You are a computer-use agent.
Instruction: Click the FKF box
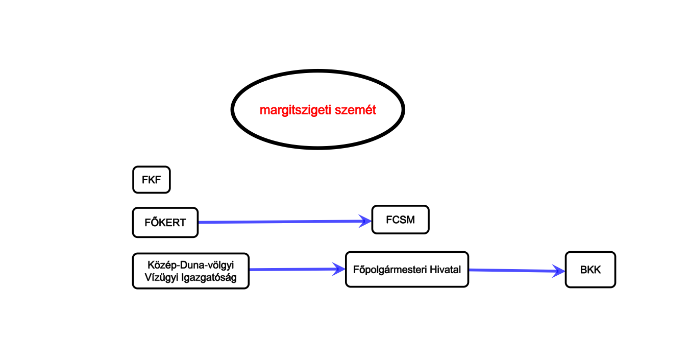[151, 180]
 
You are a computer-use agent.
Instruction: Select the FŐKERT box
[165, 223]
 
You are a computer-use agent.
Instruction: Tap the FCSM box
[400, 220]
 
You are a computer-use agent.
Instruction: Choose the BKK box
[590, 270]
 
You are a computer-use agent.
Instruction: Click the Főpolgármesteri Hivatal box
[407, 269]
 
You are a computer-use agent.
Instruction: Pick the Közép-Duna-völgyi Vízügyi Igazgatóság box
[190, 271]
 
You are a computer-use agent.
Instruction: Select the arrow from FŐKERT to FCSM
[281, 222]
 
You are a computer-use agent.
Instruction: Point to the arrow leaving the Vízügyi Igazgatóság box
[291, 269]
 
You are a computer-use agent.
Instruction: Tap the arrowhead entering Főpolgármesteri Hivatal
[339, 269]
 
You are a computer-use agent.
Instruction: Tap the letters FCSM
[400, 220]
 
